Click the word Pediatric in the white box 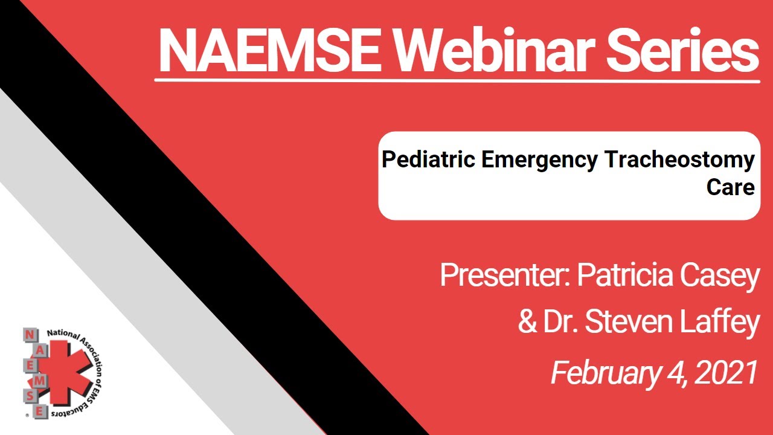[x=429, y=161]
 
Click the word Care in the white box [x=730, y=187]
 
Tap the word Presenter [x=505, y=275]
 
